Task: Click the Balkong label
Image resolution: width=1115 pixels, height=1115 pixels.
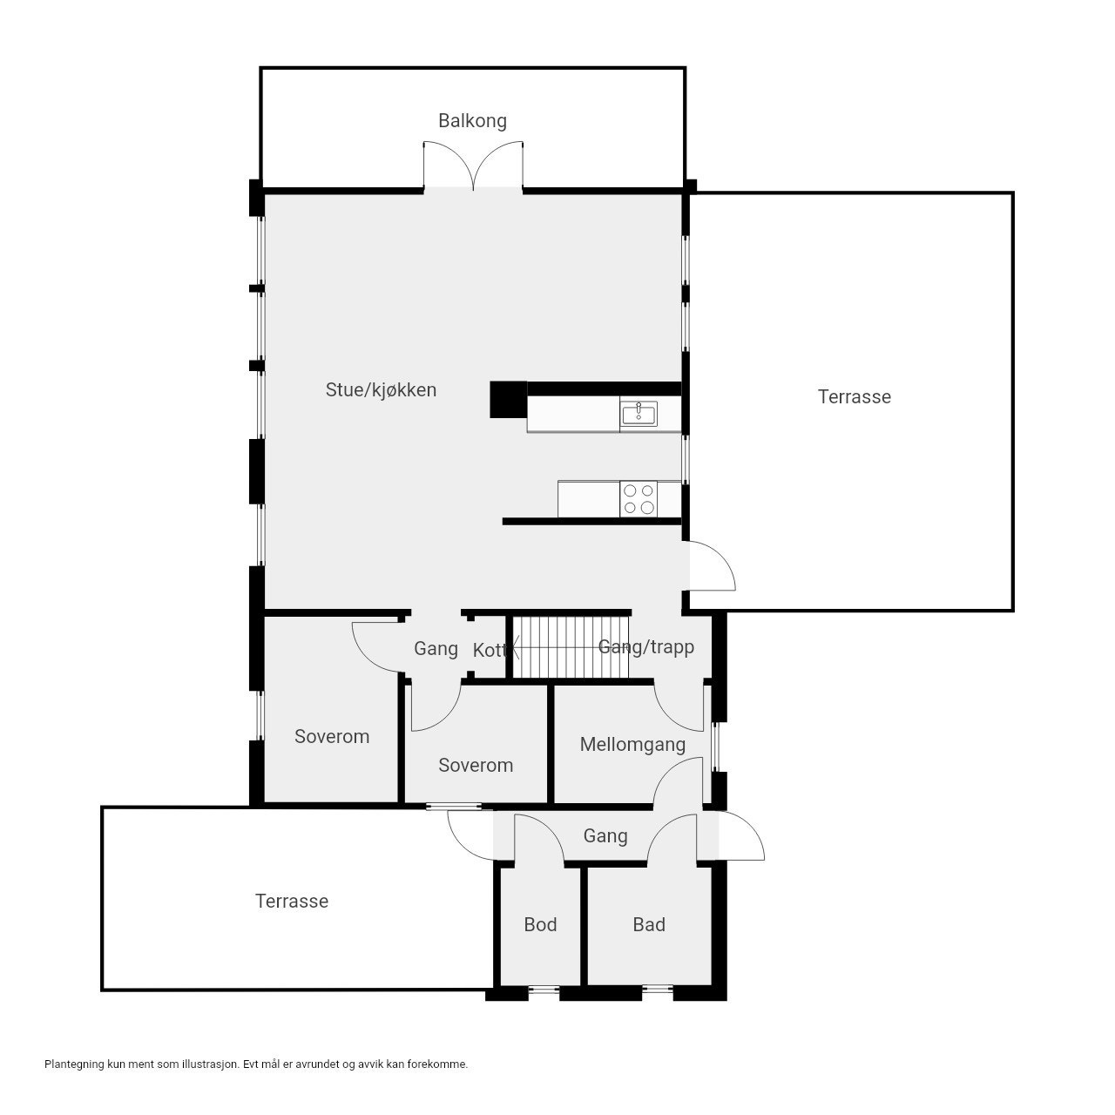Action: coord(472,121)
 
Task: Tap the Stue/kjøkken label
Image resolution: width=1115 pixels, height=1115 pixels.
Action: coord(381,390)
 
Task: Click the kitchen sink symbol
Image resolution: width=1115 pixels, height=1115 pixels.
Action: coord(639,414)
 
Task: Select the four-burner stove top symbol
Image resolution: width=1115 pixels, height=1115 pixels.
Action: coord(638,499)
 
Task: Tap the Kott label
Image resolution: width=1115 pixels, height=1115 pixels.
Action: coord(489,650)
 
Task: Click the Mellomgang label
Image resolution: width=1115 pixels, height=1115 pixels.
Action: coord(632,745)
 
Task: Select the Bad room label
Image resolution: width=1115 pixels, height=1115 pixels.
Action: coord(649,925)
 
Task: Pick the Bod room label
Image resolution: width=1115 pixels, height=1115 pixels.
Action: coord(540,925)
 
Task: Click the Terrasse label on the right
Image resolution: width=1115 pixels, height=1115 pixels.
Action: coord(854,397)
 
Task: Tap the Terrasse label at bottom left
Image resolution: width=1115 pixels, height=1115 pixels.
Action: coord(292,902)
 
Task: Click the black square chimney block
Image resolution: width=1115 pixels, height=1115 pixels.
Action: coord(509,401)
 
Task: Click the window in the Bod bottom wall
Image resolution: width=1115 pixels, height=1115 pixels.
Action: coord(544,989)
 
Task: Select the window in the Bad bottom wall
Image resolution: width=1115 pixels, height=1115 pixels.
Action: coord(658,989)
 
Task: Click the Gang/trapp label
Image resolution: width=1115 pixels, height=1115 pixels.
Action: coord(646,647)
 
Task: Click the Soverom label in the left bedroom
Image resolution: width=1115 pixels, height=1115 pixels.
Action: coord(332,737)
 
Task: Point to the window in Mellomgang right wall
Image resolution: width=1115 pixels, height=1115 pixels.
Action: coord(715,747)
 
